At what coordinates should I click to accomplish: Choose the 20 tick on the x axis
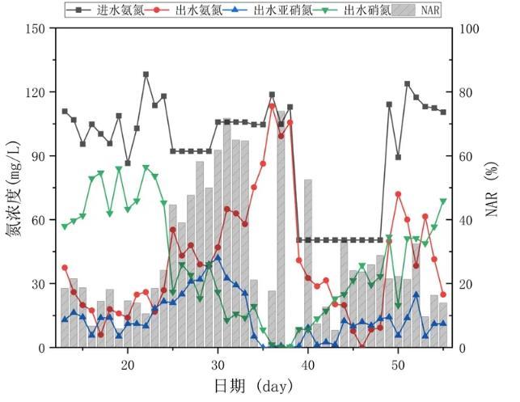click(128, 363)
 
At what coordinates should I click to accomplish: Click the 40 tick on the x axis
click(308, 363)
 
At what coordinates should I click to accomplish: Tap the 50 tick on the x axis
click(398, 363)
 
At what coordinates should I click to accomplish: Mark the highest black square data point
click(146, 74)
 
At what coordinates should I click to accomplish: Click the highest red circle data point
click(272, 105)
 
